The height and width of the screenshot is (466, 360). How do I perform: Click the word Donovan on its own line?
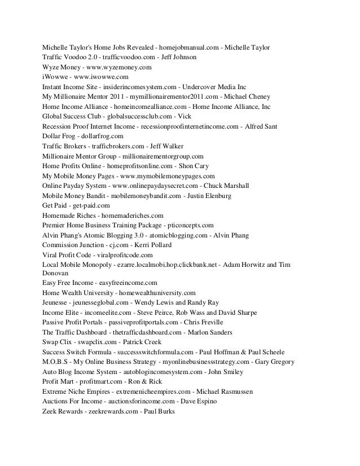tap(58, 271)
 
